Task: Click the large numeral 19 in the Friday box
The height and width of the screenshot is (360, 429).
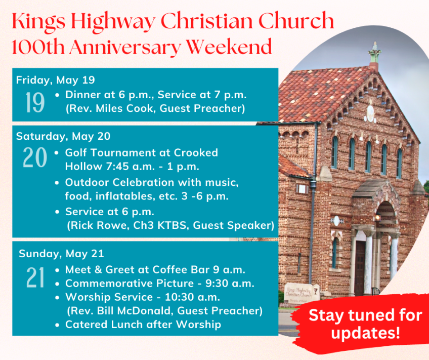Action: pyautogui.click(x=35, y=102)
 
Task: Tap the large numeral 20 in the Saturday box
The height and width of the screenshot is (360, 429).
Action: pyautogui.click(x=35, y=157)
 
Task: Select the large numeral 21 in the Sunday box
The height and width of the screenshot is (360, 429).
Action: pyautogui.click(x=35, y=277)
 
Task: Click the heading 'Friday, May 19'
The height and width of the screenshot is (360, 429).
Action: pyautogui.click(x=56, y=80)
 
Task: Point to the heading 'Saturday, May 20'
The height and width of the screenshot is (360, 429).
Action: pyautogui.click(x=63, y=136)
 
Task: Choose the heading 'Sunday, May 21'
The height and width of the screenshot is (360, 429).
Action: pyautogui.click(x=61, y=254)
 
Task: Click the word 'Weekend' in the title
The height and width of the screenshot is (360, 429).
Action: pyautogui.click(x=229, y=47)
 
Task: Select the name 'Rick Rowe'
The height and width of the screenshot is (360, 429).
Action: pyautogui.click(x=100, y=225)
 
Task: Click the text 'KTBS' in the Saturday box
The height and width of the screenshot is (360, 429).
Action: pyautogui.click(x=173, y=225)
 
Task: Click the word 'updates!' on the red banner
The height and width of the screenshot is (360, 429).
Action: pyautogui.click(x=366, y=333)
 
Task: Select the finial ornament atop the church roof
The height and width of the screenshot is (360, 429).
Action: pyautogui.click(x=374, y=53)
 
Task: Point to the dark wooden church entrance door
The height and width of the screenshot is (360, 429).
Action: pyautogui.click(x=360, y=268)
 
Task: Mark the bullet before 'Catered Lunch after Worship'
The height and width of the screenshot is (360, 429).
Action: pyautogui.click(x=57, y=325)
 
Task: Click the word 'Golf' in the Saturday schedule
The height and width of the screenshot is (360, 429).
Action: pyautogui.click(x=76, y=153)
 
